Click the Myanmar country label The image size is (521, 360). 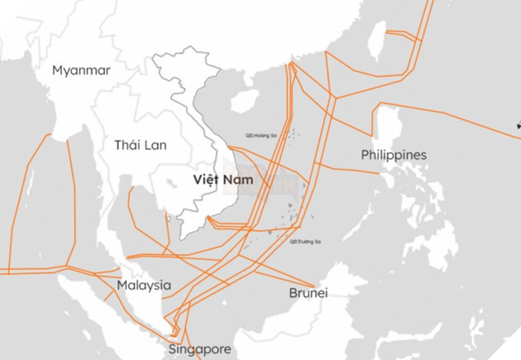(81, 70)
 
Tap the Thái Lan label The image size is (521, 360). (141, 145)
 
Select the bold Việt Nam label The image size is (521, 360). (221, 178)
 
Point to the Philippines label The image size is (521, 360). (394, 155)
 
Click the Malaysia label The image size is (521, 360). (144, 286)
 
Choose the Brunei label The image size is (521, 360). (308, 293)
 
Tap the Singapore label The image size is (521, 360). (199, 349)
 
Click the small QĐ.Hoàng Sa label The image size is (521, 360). (261, 135)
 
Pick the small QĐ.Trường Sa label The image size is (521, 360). (304, 242)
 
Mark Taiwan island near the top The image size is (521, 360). (378, 37)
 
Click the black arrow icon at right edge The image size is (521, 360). (518, 125)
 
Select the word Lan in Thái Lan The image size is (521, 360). (154, 145)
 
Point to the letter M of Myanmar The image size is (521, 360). (58, 70)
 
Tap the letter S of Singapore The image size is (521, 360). (172, 349)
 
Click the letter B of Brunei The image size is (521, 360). (293, 293)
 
